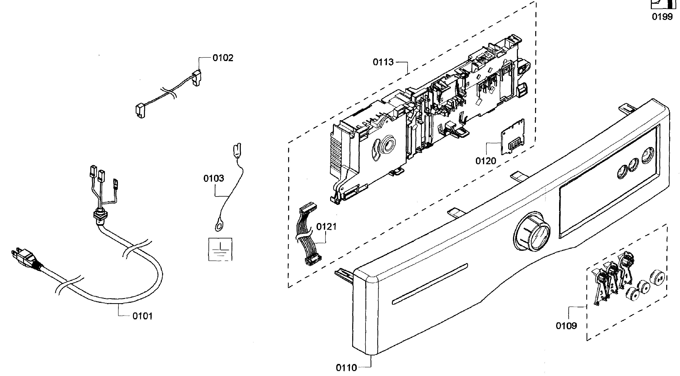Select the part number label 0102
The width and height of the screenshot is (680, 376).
coord(223,58)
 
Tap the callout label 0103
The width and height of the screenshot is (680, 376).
coord(214,178)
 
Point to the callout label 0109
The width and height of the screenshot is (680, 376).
coord(566,326)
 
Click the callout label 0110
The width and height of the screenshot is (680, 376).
coord(346,368)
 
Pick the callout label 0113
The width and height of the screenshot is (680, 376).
coord(383,62)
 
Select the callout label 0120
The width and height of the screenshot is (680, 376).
coord(486,161)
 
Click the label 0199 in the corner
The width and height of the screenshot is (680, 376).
coord(662,17)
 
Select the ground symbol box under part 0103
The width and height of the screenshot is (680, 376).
coord(220,249)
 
